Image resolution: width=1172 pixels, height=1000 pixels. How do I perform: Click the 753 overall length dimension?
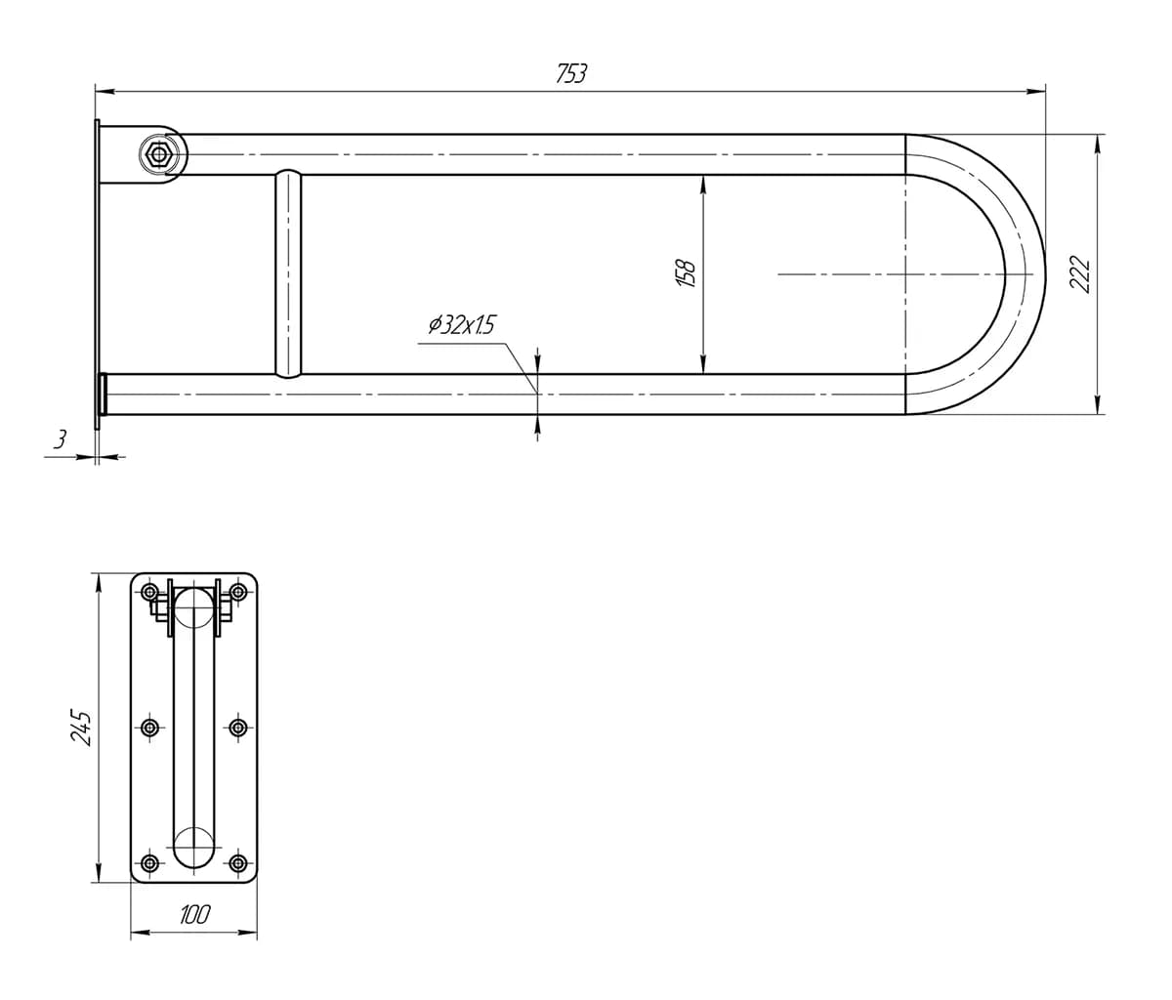point(571,74)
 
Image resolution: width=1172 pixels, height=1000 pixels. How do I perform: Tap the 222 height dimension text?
point(1080,274)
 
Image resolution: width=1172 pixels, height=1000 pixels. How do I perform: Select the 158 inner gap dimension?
point(686,273)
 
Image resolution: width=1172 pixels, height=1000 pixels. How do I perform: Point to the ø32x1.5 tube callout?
point(462,325)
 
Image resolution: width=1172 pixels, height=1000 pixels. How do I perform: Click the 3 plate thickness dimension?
point(61,438)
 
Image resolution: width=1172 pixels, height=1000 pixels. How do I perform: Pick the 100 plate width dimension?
point(194,914)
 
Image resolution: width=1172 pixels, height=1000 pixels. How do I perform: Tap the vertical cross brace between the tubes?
point(289,273)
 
